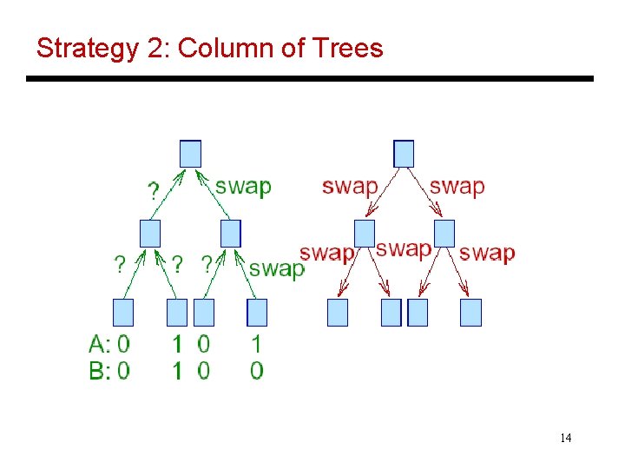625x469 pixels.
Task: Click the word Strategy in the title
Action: tap(86, 49)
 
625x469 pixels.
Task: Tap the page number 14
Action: tap(565, 438)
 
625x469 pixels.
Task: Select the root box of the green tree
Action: tap(191, 154)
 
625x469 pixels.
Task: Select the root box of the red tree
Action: tap(404, 154)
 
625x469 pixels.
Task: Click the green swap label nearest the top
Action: tap(243, 186)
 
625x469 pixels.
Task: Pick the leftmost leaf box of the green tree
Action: tap(123, 313)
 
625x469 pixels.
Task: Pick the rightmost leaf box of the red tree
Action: tap(470, 313)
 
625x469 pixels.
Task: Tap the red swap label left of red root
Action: tap(350, 186)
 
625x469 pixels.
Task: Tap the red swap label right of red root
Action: tap(457, 186)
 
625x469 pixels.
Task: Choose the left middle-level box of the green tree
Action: tap(150, 233)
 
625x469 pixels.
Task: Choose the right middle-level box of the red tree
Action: tap(444, 233)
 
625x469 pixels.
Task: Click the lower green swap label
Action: tap(276, 268)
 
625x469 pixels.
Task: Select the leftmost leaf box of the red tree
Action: tap(338, 313)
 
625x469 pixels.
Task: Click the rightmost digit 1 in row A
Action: tap(257, 345)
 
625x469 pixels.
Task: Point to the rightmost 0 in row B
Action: tap(257, 371)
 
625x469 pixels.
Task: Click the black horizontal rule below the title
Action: tap(310, 79)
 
